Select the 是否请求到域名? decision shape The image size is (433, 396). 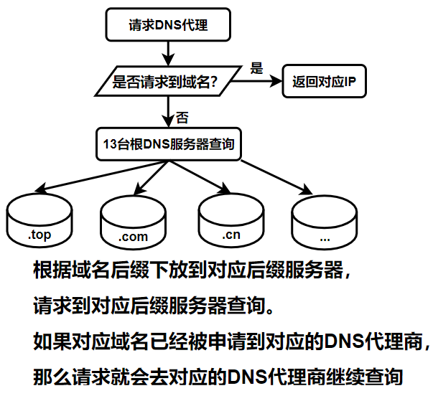click(x=166, y=82)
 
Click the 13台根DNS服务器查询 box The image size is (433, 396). click(x=168, y=143)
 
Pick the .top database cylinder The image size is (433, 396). click(x=39, y=219)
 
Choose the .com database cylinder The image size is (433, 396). click(x=134, y=221)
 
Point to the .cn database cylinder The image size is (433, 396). click(x=231, y=220)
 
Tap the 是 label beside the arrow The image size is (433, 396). click(x=256, y=68)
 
